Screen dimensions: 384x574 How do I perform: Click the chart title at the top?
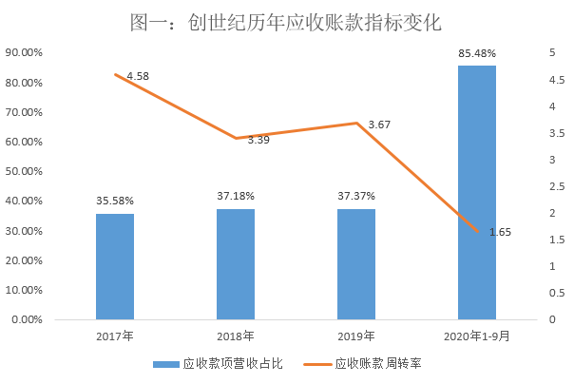[x=286, y=21]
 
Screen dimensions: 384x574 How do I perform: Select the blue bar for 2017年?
[x=115, y=267]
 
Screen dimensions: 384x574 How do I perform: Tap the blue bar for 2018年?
[x=236, y=264]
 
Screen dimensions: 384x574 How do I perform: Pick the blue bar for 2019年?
[x=356, y=264]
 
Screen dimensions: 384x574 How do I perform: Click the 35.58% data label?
[x=115, y=201]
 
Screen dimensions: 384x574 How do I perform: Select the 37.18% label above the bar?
[x=236, y=196]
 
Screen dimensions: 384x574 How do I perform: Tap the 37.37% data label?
[x=356, y=196]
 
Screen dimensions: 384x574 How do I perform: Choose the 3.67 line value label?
[x=379, y=125]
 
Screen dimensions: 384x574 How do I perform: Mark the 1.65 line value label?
[x=500, y=232]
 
